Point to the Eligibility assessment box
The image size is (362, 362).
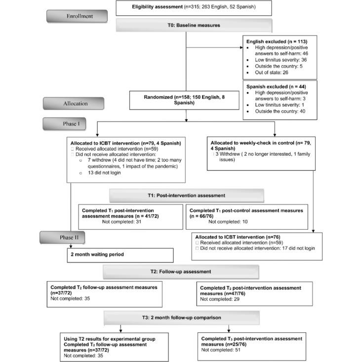tap(186, 7)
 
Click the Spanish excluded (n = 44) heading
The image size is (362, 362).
tap(272, 86)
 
